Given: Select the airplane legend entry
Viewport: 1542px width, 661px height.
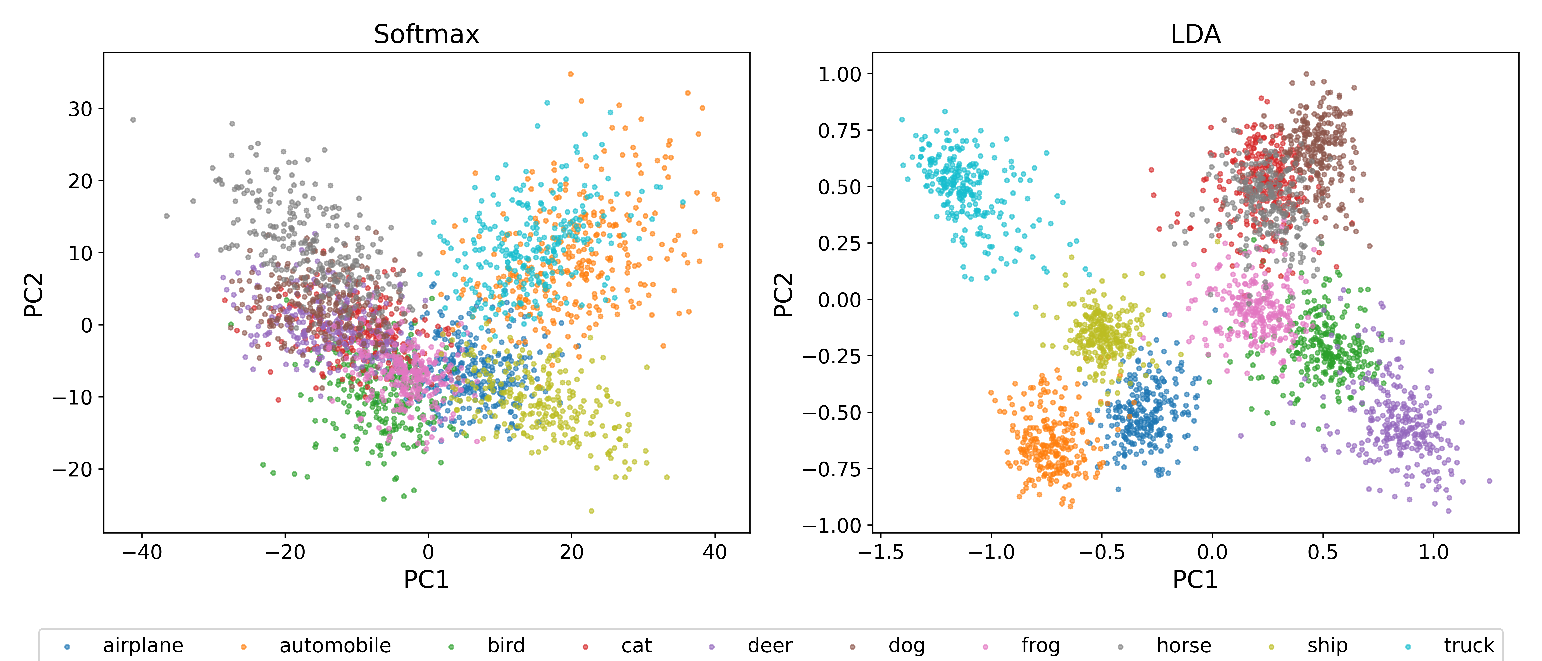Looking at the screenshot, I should pyautogui.click(x=142, y=645).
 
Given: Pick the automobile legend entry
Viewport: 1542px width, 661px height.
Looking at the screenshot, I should pyautogui.click(x=335, y=645).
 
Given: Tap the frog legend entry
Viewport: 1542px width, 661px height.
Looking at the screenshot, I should pyautogui.click(x=1040, y=645).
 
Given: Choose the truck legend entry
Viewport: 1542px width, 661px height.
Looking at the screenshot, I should pyautogui.click(x=1468, y=645).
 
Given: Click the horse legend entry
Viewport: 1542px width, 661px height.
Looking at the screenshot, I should pyautogui.click(x=1183, y=645).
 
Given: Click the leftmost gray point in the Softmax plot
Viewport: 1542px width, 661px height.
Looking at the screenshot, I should pyautogui.click(x=133, y=120).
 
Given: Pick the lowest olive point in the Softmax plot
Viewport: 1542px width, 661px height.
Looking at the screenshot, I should pyautogui.click(x=591, y=511).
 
